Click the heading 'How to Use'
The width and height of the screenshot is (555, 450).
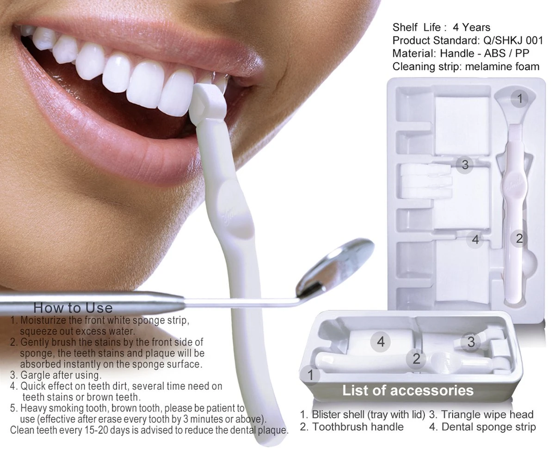pos(73,308)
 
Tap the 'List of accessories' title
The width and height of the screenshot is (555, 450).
pos(407,390)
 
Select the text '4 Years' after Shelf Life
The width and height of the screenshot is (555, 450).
pos(472,27)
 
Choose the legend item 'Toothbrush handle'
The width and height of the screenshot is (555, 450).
pos(358,426)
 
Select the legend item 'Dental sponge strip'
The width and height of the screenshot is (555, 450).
pos(488,426)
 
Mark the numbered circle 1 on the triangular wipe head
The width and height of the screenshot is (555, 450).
pos(520,98)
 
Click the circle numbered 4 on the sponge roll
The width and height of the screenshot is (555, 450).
pos(381,342)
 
